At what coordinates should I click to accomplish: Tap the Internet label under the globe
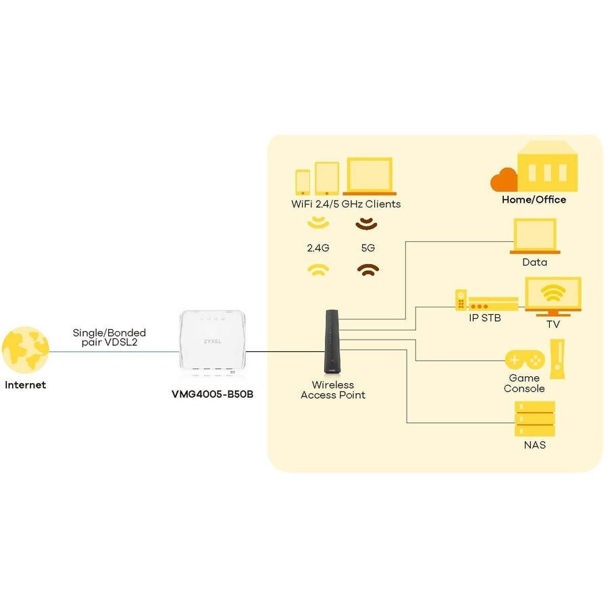(26, 385)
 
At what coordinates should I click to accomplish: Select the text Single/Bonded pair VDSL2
(109, 338)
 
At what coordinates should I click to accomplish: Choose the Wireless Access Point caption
(333, 390)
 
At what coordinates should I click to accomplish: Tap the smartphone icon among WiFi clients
(303, 181)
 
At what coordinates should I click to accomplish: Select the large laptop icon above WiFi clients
(369, 176)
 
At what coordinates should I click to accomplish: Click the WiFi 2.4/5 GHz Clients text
(345, 204)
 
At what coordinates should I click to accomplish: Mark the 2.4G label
(318, 248)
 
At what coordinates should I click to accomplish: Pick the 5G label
(368, 248)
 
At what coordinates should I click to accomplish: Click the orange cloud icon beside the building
(504, 180)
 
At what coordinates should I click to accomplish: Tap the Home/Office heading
(534, 200)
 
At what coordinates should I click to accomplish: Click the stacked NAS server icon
(534, 419)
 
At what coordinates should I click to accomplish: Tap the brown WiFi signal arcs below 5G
(368, 270)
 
